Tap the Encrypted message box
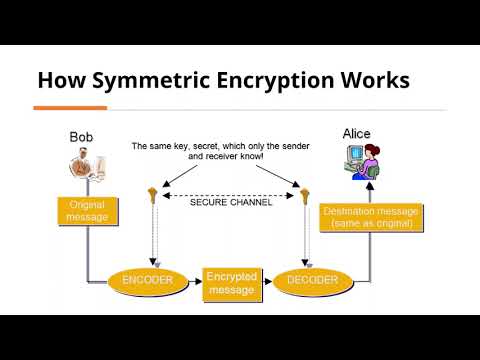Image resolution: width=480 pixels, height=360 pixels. (231, 283)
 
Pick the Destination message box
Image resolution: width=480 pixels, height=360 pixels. (370, 217)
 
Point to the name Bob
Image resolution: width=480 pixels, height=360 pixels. (82, 136)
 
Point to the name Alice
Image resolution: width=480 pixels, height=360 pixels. (356, 133)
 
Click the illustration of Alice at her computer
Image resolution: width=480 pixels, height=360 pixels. (359, 164)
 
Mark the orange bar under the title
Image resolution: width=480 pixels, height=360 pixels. (70, 107)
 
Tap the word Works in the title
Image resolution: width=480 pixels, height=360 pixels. (374, 80)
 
